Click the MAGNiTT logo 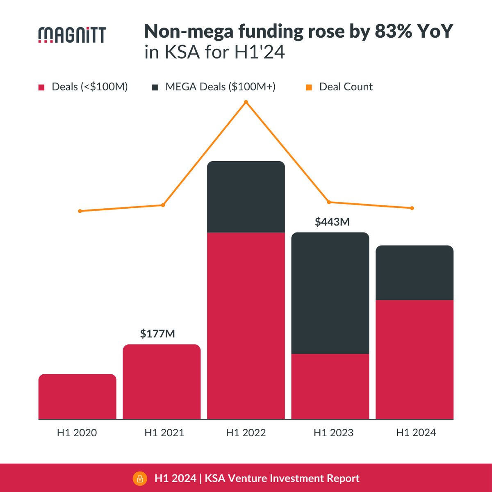click(x=72, y=35)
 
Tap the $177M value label click(x=157, y=334)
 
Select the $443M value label click(x=332, y=222)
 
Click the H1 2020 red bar click(x=77, y=396)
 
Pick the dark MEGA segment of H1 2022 click(x=246, y=197)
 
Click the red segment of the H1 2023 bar click(x=330, y=386)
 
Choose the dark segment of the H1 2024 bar click(x=415, y=273)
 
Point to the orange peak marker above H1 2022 click(x=246, y=102)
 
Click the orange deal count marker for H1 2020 click(x=80, y=211)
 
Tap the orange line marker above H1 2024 click(x=412, y=208)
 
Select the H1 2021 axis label click(x=164, y=433)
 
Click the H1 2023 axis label click(x=333, y=433)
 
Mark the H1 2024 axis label click(x=416, y=433)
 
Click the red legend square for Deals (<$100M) click(x=41, y=87)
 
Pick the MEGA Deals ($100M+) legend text click(x=220, y=87)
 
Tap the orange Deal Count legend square click(x=309, y=87)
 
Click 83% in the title click(x=393, y=32)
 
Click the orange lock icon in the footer click(x=140, y=478)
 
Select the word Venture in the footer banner click(x=247, y=478)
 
